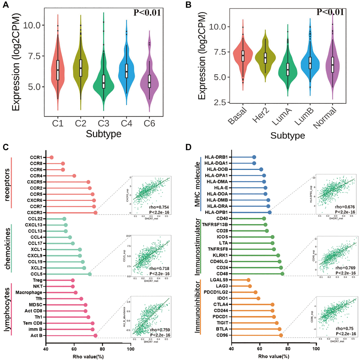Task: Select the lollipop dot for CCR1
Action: tap(51, 157)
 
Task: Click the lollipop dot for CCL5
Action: tap(90, 274)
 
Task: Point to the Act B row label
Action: tap(36, 335)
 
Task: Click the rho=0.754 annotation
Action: tap(158, 206)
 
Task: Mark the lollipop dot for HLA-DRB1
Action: tap(254, 157)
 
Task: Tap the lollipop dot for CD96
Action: tap(281, 335)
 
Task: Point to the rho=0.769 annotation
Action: tap(344, 267)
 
